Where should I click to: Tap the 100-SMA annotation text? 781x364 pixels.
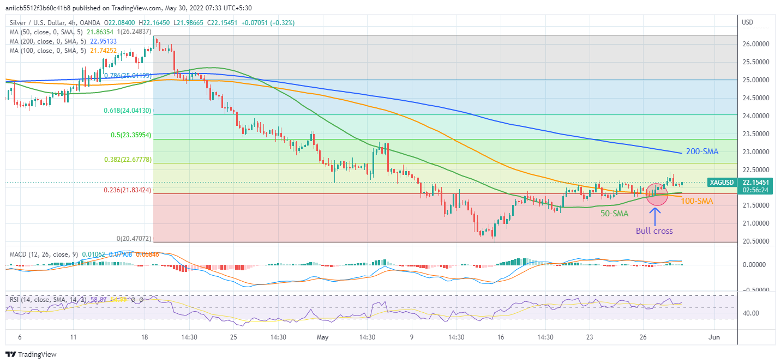(x=696, y=201)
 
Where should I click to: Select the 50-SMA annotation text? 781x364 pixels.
(x=614, y=214)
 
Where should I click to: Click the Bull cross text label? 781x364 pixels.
(x=654, y=230)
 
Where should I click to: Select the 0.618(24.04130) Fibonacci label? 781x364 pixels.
(x=128, y=110)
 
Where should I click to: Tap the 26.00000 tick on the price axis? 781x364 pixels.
(x=756, y=44)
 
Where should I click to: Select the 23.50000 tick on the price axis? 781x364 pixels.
(x=756, y=134)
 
